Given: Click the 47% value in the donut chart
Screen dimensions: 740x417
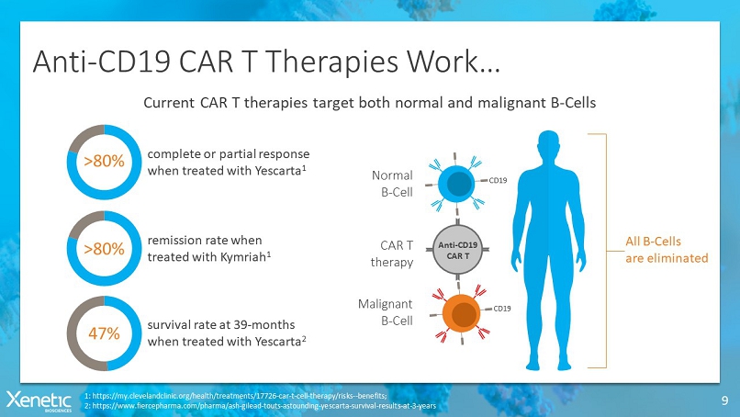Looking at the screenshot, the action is click(104, 333).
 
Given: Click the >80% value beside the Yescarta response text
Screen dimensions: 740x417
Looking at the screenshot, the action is click(104, 161).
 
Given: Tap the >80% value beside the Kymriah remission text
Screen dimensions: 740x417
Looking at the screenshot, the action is click(104, 248).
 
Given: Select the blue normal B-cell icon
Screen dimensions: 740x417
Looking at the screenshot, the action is click(456, 184).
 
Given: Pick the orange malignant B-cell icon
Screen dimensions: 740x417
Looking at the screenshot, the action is click(461, 313).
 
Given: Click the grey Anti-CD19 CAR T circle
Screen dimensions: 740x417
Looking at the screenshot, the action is click(457, 250).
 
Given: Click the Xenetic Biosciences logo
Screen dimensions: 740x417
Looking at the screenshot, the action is click(39, 401).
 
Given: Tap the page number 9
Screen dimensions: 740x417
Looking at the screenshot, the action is click(724, 401).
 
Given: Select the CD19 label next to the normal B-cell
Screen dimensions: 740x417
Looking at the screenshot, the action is click(498, 180).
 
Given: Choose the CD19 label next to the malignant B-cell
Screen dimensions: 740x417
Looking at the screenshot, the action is click(502, 309).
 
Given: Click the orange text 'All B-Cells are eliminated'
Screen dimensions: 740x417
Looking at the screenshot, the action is click(667, 250).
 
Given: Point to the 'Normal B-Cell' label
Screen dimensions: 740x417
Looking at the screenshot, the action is click(392, 184).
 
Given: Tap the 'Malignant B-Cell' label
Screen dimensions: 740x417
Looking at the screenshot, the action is click(385, 312).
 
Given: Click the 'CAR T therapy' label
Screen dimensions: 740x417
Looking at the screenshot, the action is click(392, 254).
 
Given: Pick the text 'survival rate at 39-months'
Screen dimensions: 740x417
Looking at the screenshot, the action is click(221, 325).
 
